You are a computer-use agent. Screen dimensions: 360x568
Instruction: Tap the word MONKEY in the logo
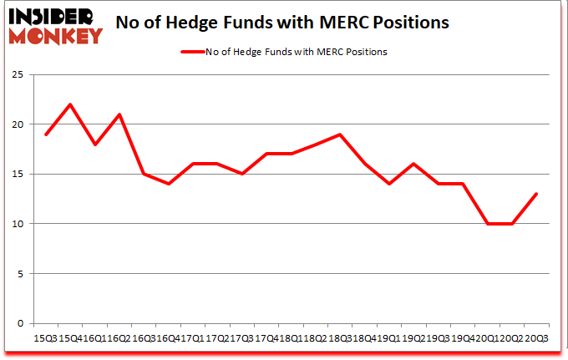[x=56, y=35]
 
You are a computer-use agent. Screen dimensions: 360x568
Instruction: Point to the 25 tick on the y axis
[x=18, y=75]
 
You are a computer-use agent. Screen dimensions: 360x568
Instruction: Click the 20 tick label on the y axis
[x=18, y=124]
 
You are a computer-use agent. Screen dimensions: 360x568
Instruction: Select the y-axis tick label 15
[x=18, y=175]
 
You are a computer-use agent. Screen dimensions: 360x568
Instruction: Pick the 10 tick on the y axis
[x=18, y=224]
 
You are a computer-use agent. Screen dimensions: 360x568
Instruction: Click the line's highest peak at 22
[x=70, y=104]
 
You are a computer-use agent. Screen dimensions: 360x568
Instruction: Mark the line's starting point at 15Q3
[x=46, y=134]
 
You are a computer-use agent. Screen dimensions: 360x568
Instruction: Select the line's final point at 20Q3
[x=535, y=194]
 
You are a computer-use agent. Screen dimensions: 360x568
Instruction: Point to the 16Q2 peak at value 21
[x=119, y=114]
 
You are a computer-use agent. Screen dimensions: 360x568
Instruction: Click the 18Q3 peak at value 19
[x=340, y=134]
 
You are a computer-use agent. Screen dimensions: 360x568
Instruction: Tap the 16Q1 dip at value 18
[x=95, y=145]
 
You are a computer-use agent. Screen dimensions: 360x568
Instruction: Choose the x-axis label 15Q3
[x=46, y=338]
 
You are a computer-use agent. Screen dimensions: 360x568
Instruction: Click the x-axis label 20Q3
[x=535, y=338]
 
